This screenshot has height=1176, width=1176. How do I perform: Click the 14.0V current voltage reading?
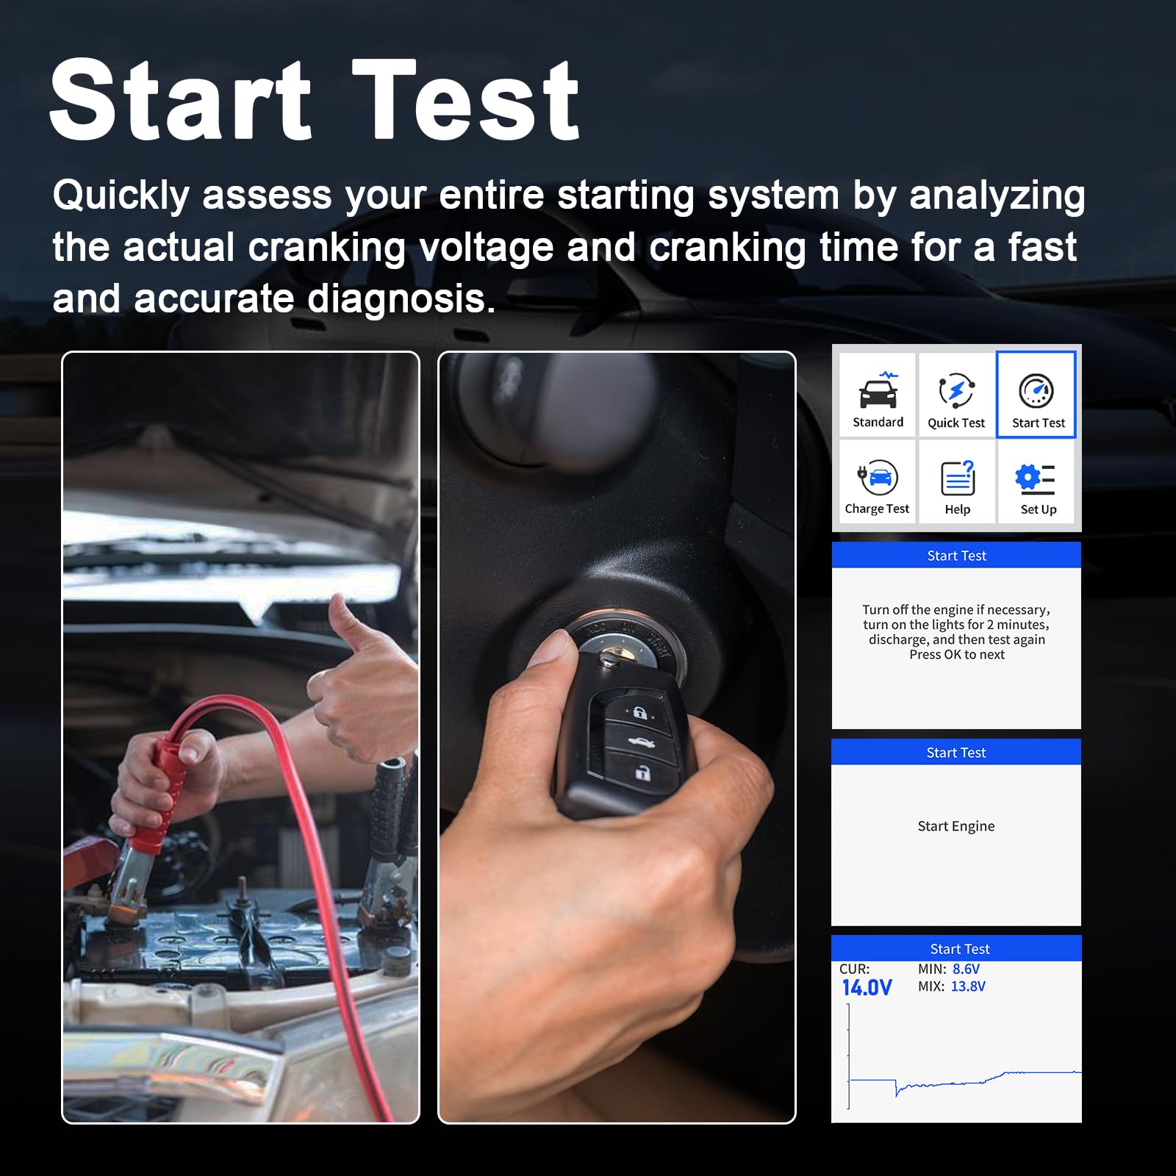coord(867,988)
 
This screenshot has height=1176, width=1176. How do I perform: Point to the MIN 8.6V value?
coord(966,969)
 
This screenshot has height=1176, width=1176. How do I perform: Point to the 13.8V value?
coord(968,986)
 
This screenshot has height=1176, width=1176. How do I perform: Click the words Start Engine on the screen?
coord(956,826)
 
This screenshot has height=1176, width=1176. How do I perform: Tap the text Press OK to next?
coord(957,655)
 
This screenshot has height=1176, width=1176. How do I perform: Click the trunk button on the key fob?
coord(642,743)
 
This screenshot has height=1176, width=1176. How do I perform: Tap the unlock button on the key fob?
coord(643,772)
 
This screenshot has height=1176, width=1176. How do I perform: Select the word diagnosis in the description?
coord(401,299)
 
